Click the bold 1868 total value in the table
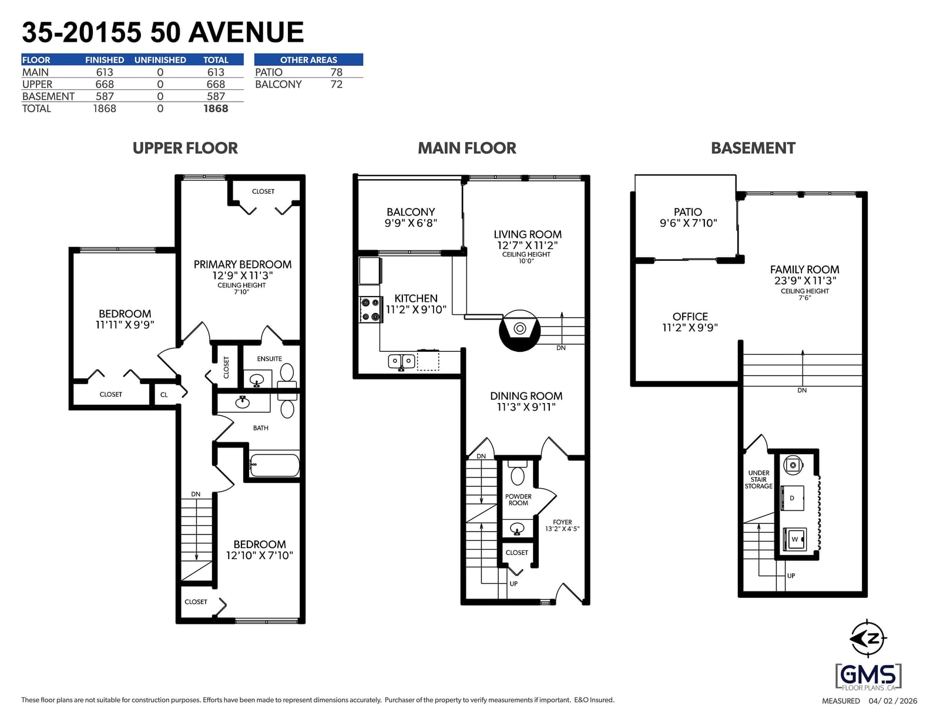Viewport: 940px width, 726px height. pos(216,109)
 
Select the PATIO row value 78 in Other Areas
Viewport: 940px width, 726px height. pos(336,72)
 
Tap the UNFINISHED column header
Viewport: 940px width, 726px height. pos(160,60)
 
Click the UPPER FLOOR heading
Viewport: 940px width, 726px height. pos(185,148)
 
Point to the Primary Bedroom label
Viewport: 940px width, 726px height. pos(242,264)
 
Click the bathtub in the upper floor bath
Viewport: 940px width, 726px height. pos(275,465)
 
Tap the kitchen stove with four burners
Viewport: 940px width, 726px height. pos(370,310)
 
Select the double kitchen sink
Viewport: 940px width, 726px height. pos(401,361)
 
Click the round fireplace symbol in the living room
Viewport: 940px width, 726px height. pos(519,330)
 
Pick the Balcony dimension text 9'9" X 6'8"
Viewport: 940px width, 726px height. pos(411,223)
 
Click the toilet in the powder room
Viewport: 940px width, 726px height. pos(518,472)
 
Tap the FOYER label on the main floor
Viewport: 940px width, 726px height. pos(562,522)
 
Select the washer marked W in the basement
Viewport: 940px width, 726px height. pos(794,539)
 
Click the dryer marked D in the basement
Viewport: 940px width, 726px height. pos(792,498)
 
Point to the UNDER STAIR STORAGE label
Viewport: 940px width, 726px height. pos(758,479)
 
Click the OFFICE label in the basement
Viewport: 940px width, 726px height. pos(690,317)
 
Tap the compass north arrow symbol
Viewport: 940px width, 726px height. pos(868,638)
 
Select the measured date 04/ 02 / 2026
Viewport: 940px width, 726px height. pos(893,701)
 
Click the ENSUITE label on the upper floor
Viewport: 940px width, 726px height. pos(269,359)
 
